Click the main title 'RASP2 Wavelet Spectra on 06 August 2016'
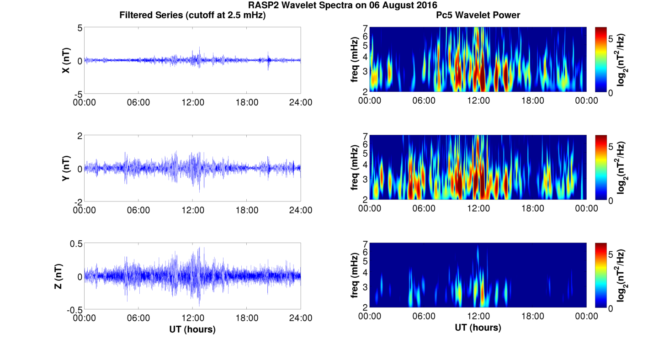pos(343,5)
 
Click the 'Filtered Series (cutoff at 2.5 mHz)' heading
pos(192,16)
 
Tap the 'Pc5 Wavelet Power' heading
pos(478,16)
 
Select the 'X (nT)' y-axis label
pos(66,61)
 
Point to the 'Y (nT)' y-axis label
pos(66,169)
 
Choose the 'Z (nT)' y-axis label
pos(66,276)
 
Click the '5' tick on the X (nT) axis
pos(80,28)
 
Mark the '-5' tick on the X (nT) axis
pos(77,94)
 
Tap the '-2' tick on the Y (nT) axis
pos(77,201)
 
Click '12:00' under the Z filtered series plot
pos(192,318)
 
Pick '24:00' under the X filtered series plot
pos(301,102)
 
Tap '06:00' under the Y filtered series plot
pos(138,210)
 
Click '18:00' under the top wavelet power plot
pos(532,101)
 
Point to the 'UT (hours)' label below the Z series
pos(192,329)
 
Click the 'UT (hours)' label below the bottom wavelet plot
pos(478,328)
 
